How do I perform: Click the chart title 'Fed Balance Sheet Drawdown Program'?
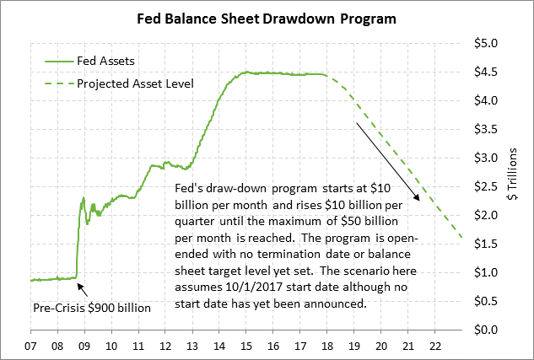pyautogui.click(x=267, y=18)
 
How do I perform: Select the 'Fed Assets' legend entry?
pyautogui.click(x=104, y=61)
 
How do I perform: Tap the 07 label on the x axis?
pyautogui.click(x=31, y=347)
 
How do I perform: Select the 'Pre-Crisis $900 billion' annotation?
pyautogui.click(x=91, y=308)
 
